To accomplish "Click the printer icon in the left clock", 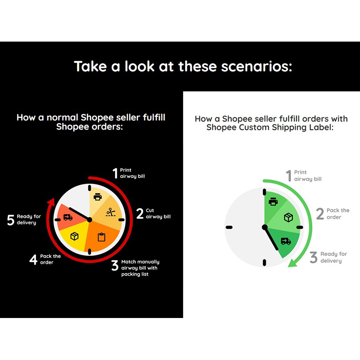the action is pos(98,197).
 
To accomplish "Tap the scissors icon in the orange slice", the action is pos(111,212).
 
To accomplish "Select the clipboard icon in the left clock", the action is pos(102,237).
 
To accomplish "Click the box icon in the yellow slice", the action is pos(74,236).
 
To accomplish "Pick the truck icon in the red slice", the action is pos(68,217).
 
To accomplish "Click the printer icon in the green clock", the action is pos(273,201).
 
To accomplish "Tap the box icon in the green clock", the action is pos(288,217).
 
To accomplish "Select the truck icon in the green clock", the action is pos(286,241).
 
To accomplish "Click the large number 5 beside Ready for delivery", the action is pos(10,220).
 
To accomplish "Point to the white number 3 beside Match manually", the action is pos(115,265).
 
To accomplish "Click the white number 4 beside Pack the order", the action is pos(33,260).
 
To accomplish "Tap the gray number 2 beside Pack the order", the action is pos(320,214).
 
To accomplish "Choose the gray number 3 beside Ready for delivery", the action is pos(313,257).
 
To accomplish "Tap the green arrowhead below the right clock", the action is pos(292,263).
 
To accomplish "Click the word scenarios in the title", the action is pos(256,66).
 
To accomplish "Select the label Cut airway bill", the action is pos(158,214).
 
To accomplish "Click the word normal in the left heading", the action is pos(62,118).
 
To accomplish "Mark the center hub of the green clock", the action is pos(265,227).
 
